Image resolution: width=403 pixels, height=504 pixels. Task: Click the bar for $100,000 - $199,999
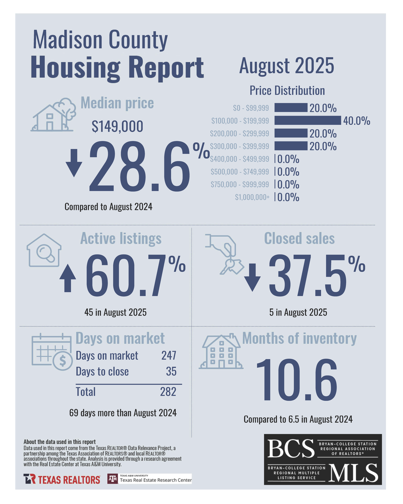307,120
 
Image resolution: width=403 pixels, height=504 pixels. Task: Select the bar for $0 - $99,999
291,107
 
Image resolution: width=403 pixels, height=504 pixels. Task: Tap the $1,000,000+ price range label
252,197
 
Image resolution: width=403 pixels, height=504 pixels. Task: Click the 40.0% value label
357,121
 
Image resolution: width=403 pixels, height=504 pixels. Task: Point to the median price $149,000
117,126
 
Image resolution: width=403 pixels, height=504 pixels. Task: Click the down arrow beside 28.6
74,162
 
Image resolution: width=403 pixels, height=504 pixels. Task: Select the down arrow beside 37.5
253,277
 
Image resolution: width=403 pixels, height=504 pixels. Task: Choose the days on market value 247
168,356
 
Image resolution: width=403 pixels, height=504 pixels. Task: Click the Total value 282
168,392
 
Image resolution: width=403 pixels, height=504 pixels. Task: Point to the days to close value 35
171,372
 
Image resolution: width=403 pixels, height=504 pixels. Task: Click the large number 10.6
297,380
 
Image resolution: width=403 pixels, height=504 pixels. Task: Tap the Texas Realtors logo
62,479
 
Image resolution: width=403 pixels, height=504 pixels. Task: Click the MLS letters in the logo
353,473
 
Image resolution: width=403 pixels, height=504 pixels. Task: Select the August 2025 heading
287,66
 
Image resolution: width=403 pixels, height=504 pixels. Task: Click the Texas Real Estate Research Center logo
150,479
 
